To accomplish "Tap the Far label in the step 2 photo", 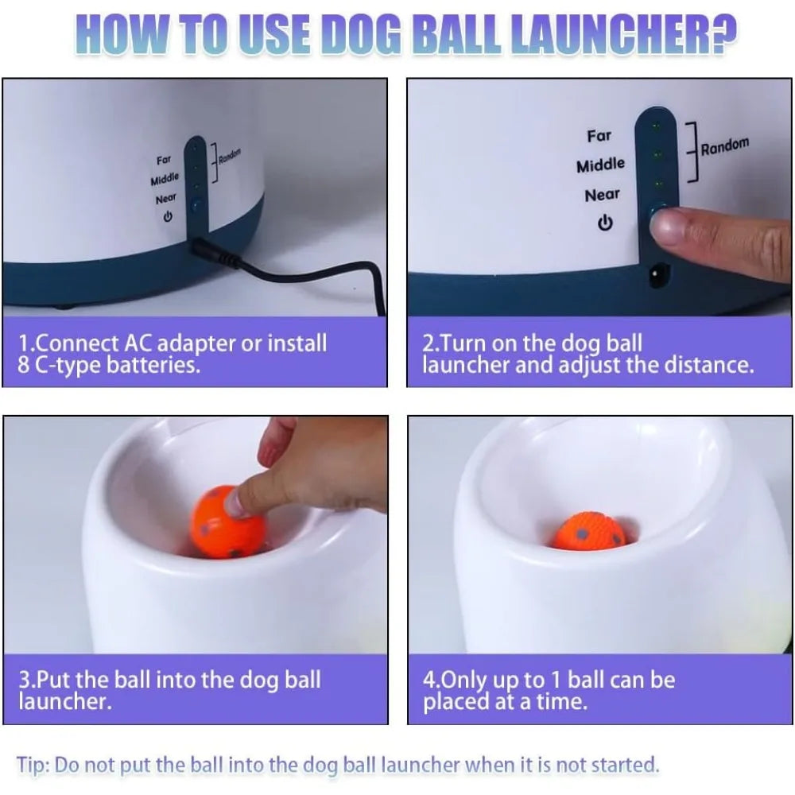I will [599, 136].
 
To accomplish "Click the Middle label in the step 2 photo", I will [600, 165].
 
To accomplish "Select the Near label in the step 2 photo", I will [602, 195].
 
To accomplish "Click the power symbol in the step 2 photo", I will [605, 223].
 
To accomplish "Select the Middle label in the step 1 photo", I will [165, 179].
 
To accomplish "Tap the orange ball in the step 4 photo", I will [589, 532].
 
